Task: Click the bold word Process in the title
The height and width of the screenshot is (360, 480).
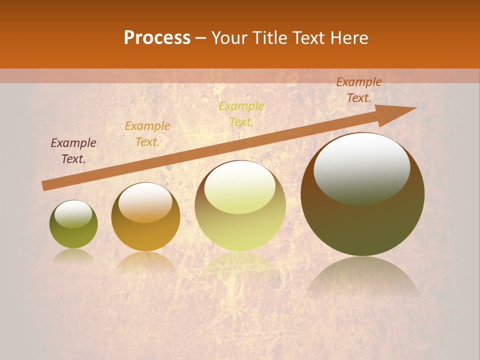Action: (157, 37)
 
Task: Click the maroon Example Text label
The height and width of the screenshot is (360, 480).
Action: (73, 150)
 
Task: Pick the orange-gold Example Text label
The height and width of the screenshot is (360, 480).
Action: (147, 133)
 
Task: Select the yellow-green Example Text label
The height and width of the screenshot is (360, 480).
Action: (241, 113)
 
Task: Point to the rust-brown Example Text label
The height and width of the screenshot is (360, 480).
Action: (359, 90)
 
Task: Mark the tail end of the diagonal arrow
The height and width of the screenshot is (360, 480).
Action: (44, 185)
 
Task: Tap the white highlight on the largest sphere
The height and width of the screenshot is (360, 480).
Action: (362, 168)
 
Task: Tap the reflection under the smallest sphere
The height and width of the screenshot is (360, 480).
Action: (73, 255)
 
